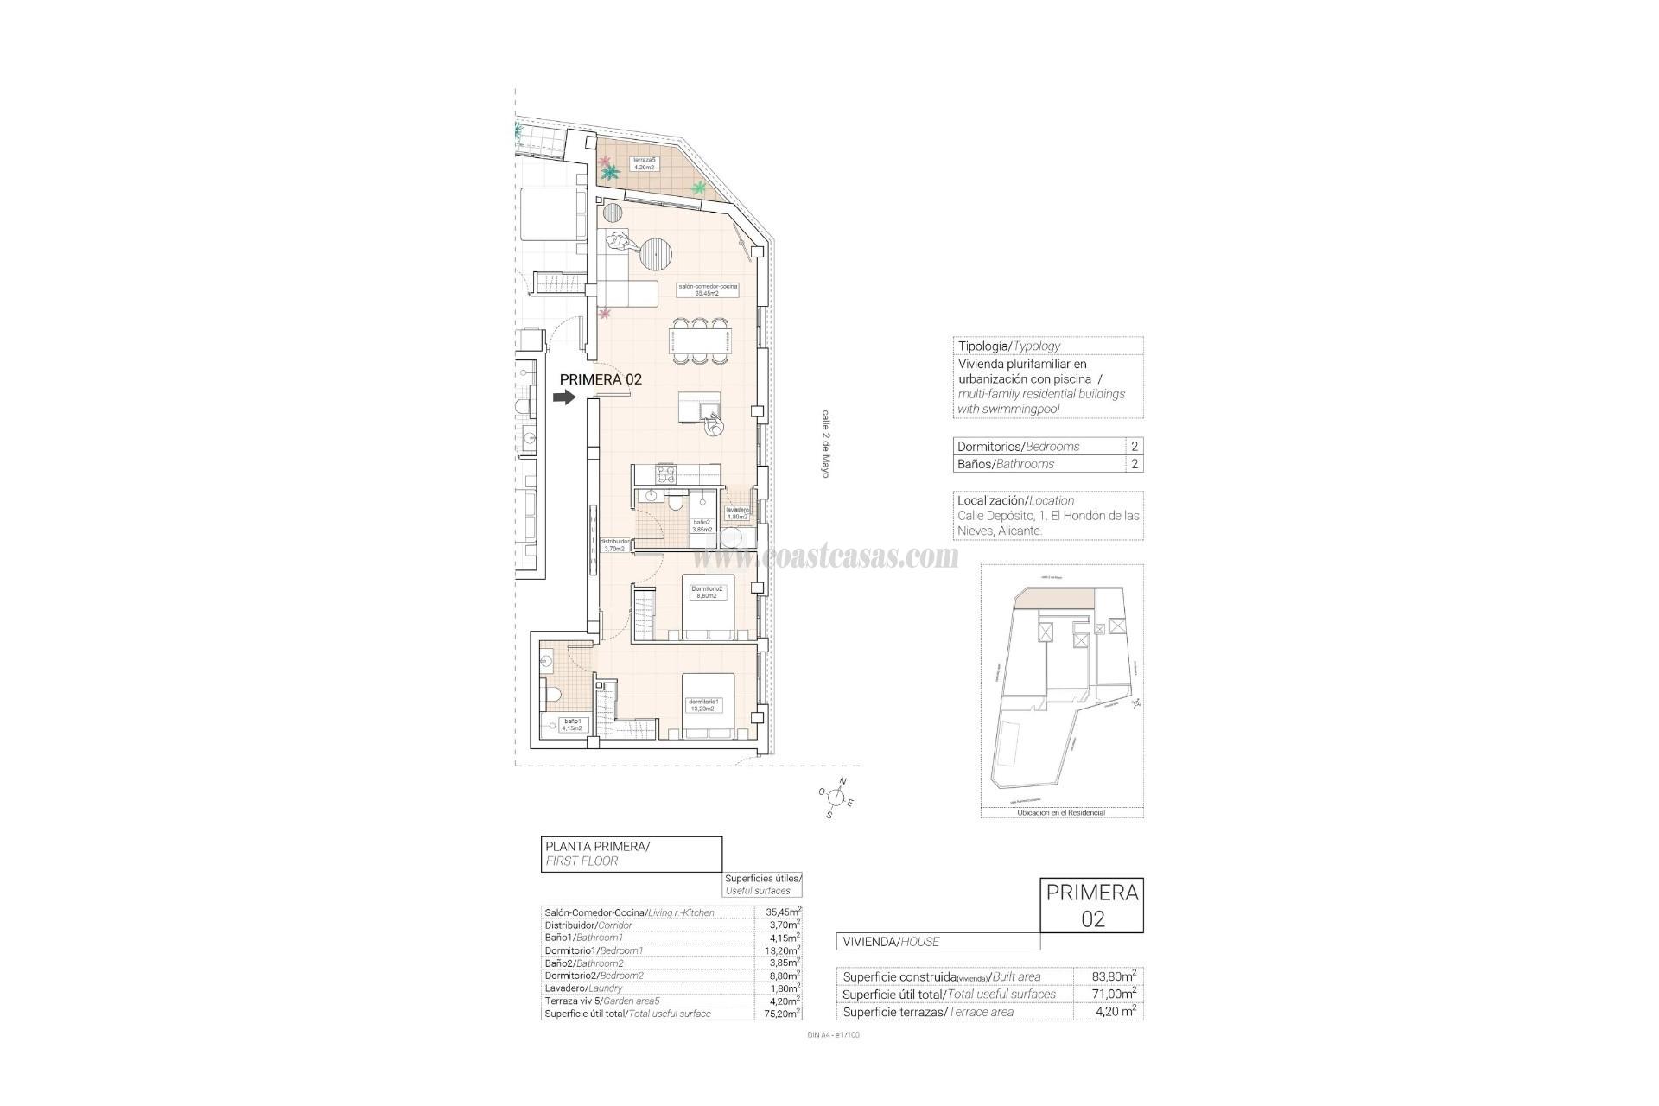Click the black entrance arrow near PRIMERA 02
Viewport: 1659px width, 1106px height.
(x=564, y=397)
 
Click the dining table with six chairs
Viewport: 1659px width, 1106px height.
(x=701, y=340)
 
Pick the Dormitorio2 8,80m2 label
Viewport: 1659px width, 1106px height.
(x=707, y=592)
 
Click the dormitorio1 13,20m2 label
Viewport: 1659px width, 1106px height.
(x=701, y=704)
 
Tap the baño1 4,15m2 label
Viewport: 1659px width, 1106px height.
(x=571, y=724)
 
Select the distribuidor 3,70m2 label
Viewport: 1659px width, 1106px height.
(x=614, y=544)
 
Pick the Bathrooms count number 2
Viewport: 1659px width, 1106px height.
(x=1134, y=464)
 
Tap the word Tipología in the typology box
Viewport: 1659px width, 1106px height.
(x=983, y=346)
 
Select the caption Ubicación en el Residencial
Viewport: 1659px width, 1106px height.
(x=1061, y=813)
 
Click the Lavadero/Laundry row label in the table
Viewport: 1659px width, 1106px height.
(x=583, y=988)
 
